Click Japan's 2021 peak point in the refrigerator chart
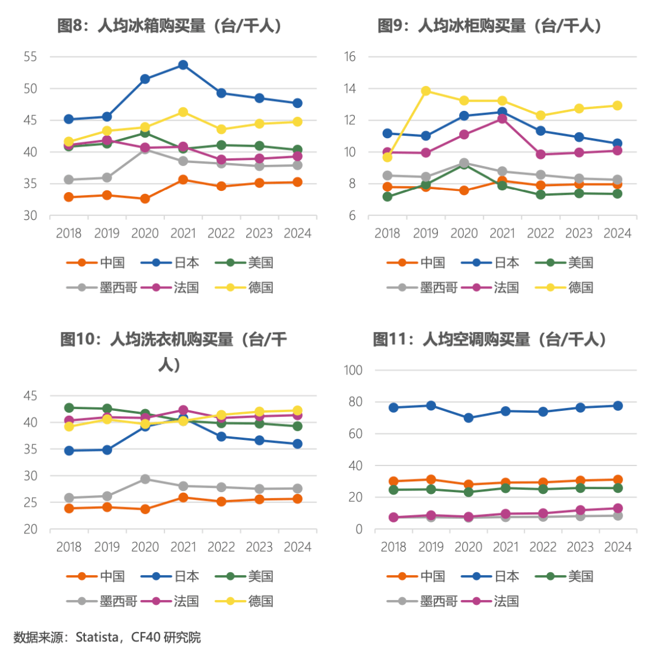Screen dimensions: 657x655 [183, 65]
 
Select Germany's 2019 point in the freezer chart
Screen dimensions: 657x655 [426, 91]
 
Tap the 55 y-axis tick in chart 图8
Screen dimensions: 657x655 [31, 57]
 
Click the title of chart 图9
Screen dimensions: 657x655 [490, 25]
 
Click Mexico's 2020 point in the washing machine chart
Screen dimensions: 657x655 [145, 479]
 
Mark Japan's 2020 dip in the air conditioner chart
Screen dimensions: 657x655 [468, 418]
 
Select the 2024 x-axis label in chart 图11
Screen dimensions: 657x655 [617, 547]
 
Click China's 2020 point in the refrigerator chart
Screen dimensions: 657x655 [145, 199]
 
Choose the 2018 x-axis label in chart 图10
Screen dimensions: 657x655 [69, 547]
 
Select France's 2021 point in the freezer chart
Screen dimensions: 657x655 [502, 119]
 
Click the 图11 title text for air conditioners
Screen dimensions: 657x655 [490, 339]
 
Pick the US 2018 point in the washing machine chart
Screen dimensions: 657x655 [69, 408]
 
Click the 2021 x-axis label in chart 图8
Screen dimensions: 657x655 [183, 233]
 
